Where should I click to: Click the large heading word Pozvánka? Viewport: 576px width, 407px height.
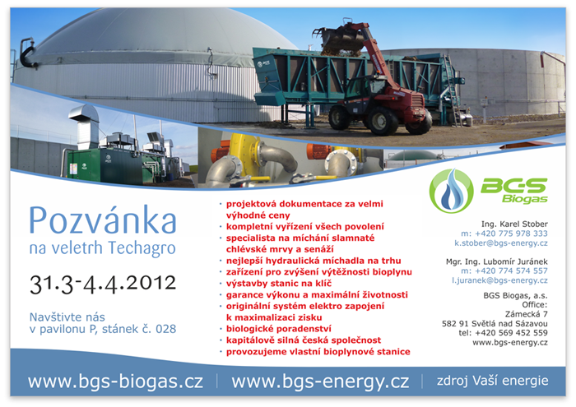[x=103, y=220]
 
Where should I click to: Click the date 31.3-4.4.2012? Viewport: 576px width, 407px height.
[x=103, y=284]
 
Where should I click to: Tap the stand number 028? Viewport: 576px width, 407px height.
[x=165, y=329]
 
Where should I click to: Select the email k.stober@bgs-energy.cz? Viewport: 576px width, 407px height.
[x=501, y=243]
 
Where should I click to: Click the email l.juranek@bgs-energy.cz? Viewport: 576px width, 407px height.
[x=499, y=280]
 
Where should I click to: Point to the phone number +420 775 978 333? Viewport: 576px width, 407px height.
[x=511, y=234]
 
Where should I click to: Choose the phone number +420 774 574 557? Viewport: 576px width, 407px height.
[x=511, y=271]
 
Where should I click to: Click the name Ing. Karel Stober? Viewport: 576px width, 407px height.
[x=514, y=224]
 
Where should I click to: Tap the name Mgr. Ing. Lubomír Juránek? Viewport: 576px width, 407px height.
[x=497, y=261]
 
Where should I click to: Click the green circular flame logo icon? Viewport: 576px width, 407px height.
[x=451, y=191]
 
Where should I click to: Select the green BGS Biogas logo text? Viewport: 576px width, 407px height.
[x=514, y=190]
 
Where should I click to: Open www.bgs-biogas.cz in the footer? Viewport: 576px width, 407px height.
[x=115, y=382]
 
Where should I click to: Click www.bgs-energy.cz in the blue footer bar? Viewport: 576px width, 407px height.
[x=320, y=382]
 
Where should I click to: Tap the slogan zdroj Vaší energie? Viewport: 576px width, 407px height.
[x=493, y=381]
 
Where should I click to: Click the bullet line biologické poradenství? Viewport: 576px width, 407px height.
[x=279, y=329]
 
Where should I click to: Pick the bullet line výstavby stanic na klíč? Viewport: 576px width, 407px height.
[x=279, y=284]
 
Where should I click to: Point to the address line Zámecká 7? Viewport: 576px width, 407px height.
[x=527, y=314]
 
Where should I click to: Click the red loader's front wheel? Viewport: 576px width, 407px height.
[x=383, y=121]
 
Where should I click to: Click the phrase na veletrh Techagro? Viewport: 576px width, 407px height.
[x=103, y=248]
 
